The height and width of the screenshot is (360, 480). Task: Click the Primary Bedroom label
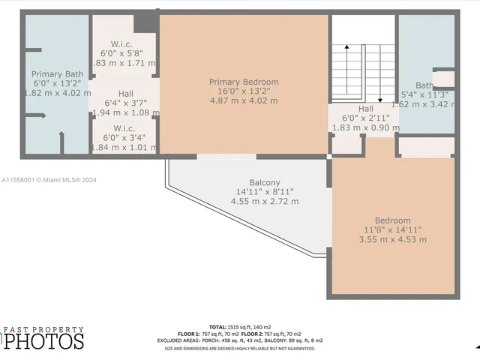pos(244,82)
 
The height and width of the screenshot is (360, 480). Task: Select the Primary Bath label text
pos(57,73)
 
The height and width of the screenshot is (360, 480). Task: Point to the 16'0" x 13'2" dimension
pos(244,91)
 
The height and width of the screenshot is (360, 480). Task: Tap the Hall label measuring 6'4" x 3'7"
pos(125,94)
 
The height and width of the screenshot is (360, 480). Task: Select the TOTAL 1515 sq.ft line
pos(240,327)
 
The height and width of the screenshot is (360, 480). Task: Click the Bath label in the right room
pos(424,85)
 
